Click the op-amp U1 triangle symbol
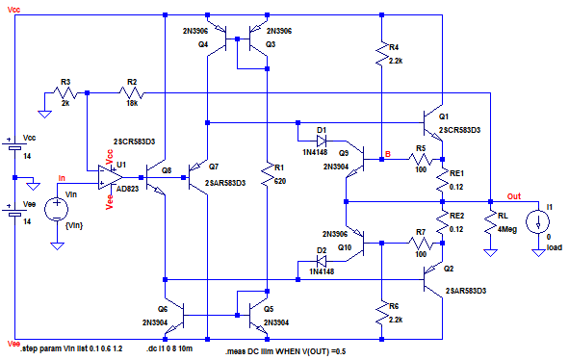click(x=111, y=177)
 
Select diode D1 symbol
click(x=322, y=141)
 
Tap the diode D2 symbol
click(x=322, y=261)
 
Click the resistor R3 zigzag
click(x=65, y=93)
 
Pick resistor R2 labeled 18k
click(x=132, y=93)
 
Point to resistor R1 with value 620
click(x=268, y=174)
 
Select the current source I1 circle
click(x=538, y=221)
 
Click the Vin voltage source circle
click(x=57, y=209)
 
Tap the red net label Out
click(x=514, y=196)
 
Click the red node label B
click(x=388, y=154)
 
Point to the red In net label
click(x=62, y=178)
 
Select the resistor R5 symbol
click(x=421, y=160)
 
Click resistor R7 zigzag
click(x=421, y=244)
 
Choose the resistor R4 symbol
click(x=382, y=54)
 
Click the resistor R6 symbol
click(x=382, y=313)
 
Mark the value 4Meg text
click(x=507, y=229)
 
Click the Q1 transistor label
click(x=444, y=116)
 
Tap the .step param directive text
click(x=71, y=349)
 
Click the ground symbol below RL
click(x=491, y=253)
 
